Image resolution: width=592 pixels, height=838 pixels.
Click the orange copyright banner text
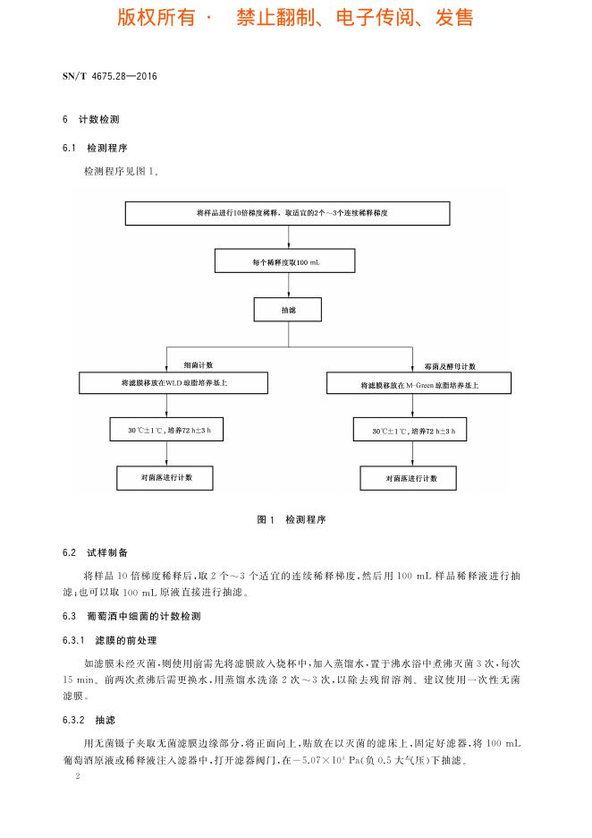coord(295,18)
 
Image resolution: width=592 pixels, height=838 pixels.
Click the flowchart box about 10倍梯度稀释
coord(287,213)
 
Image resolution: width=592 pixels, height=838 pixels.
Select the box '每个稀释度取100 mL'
coord(286,261)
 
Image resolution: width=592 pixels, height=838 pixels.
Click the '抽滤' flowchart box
coord(287,310)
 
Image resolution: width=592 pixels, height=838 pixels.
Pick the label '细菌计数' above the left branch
coord(199,365)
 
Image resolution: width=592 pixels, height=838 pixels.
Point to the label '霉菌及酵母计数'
coord(450,367)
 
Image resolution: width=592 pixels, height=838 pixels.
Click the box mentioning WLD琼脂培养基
coord(173,383)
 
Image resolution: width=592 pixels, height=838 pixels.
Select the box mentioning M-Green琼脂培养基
coord(419,384)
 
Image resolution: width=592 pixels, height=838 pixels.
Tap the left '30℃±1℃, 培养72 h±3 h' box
coord(165,431)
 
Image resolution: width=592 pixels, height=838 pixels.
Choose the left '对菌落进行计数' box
coord(165,477)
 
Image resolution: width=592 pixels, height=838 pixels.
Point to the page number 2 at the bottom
coord(79,776)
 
